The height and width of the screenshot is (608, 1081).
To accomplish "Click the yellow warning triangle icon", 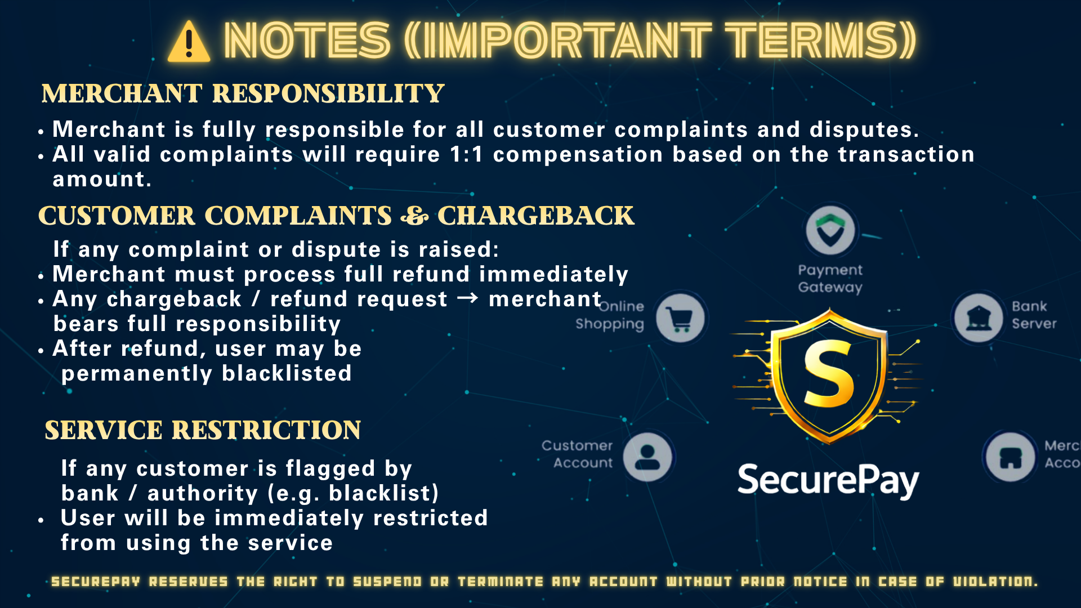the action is pyautogui.click(x=189, y=42).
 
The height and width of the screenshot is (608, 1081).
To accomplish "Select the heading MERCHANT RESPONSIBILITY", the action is pyautogui.click(x=243, y=93).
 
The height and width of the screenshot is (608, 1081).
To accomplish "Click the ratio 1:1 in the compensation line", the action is pyautogui.click(x=466, y=154).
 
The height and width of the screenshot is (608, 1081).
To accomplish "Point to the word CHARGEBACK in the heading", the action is pyautogui.click(x=535, y=216).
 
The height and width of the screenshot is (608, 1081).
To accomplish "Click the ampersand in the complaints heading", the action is pyautogui.click(x=414, y=216).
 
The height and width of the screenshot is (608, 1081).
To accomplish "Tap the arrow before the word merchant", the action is pyautogui.click(x=467, y=298).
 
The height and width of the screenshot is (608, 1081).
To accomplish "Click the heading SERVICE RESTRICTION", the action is pyautogui.click(x=203, y=430).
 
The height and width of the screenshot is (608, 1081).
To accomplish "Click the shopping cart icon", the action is pyautogui.click(x=681, y=318).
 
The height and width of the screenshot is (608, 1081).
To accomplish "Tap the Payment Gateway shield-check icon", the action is pyautogui.click(x=830, y=231).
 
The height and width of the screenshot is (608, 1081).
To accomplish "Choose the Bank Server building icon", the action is pyautogui.click(x=979, y=318).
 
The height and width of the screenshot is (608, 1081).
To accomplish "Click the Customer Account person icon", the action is pyautogui.click(x=648, y=457).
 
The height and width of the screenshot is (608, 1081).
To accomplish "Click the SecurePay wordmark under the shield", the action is pyautogui.click(x=828, y=481).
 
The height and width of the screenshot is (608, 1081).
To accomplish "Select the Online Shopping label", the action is pyautogui.click(x=610, y=315).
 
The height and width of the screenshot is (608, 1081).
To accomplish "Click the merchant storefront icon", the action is pyautogui.click(x=1011, y=457).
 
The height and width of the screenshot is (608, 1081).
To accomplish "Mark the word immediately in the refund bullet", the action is pyautogui.click(x=553, y=275).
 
